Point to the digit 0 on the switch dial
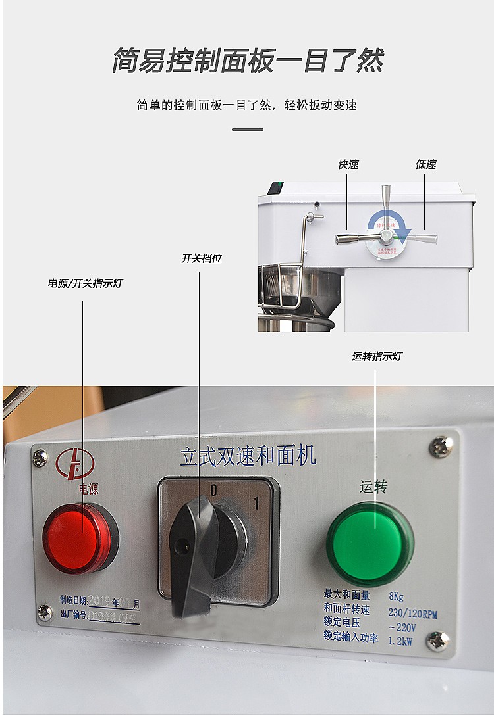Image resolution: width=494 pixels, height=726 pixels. [213, 491]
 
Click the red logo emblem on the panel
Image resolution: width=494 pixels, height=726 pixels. [75, 464]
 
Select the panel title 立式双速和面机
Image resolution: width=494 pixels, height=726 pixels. [248, 455]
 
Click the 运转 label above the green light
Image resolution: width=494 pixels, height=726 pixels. [373, 487]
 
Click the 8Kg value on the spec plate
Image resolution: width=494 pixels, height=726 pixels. [396, 596]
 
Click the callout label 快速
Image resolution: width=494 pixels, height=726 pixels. [348, 164]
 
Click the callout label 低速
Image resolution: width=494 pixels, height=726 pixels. [425, 164]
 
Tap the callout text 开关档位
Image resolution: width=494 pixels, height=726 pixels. [202, 258]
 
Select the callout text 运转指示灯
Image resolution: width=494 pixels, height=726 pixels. [377, 356]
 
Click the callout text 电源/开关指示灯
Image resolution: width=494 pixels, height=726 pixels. [85, 283]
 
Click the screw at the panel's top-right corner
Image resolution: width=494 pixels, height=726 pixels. [441, 447]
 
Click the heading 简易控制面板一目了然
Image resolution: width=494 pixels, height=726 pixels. [247, 61]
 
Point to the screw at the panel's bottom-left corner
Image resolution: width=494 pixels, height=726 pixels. [45, 612]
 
